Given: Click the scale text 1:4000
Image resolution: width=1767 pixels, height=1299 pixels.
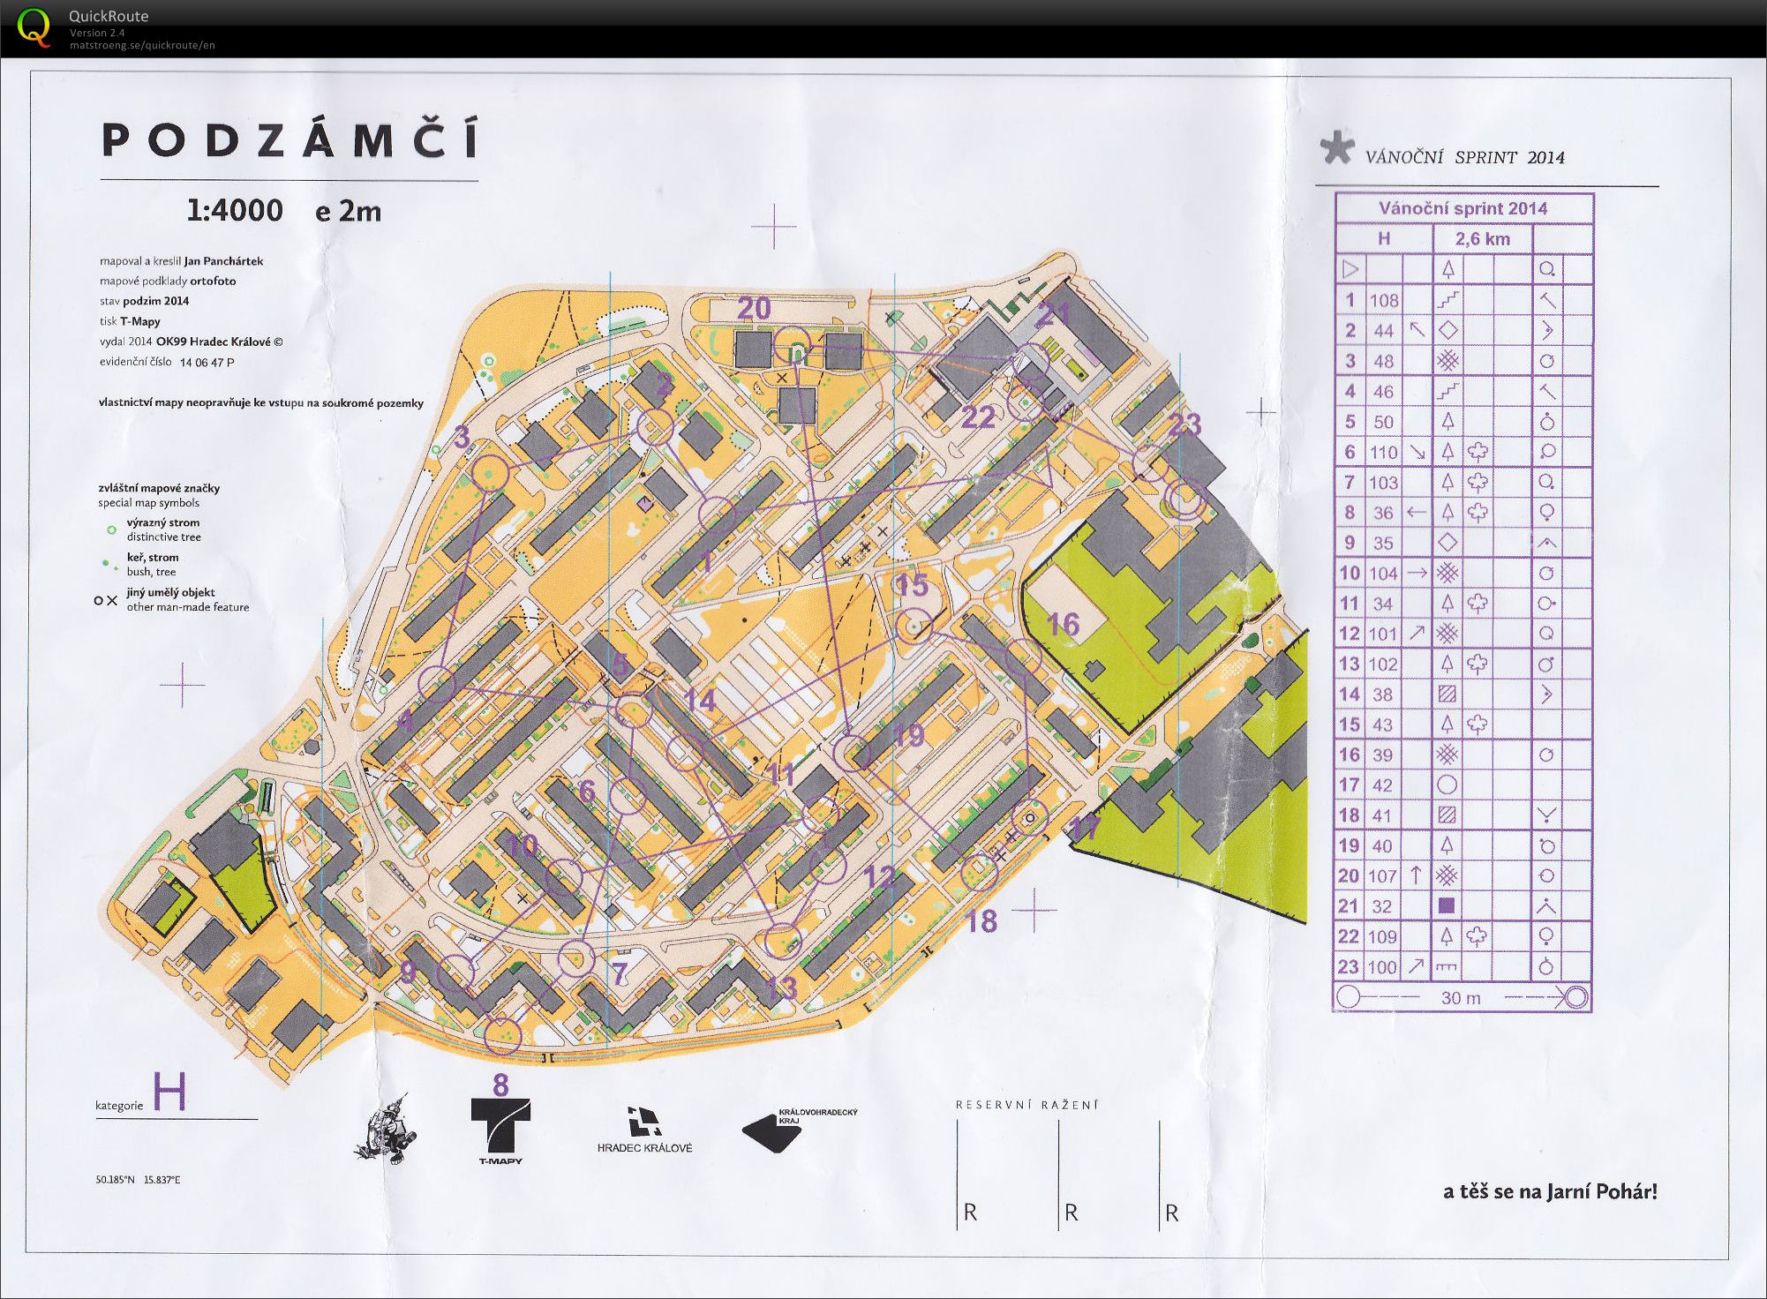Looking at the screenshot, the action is click(235, 211).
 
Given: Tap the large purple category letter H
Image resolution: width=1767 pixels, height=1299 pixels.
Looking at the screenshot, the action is click(169, 1093).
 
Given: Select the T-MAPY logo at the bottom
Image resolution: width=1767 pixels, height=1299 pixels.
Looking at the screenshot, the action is click(500, 1130).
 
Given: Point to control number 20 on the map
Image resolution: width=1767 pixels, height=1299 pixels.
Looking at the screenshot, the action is click(754, 308).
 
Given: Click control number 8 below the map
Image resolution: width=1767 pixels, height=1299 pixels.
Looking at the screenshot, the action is click(500, 1085).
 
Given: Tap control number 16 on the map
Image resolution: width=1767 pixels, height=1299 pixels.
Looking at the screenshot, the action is click(1063, 625).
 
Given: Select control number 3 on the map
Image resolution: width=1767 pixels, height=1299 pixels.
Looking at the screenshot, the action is click(462, 437).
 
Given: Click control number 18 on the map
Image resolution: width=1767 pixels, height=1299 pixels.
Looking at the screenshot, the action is click(981, 921).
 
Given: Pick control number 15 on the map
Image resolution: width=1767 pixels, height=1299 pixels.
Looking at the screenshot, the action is click(913, 585).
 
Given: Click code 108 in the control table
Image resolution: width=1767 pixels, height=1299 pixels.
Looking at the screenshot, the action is click(1383, 300).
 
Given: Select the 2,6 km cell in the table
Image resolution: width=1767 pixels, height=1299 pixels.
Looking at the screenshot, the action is click(1482, 238).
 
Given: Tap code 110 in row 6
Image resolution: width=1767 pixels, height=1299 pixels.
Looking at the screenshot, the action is click(1383, 452).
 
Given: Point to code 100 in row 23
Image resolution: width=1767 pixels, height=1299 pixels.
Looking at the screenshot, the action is click(1383, 967).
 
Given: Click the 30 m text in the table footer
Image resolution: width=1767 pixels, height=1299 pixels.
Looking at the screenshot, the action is click(1461, 998).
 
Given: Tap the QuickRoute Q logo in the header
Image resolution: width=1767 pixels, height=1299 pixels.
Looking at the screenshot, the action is click(34, 26).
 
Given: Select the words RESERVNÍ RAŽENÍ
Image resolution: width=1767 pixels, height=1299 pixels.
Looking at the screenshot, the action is click(1026, 1104).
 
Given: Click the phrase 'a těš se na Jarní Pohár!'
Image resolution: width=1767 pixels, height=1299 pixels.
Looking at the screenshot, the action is click(1550, 1191).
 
